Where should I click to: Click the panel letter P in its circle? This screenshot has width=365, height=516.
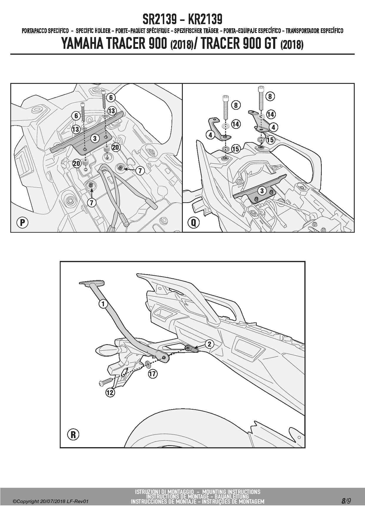(22, 223)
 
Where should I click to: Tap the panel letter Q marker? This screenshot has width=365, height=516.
(193, 222)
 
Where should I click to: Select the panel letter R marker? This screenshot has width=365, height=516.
(73, 435)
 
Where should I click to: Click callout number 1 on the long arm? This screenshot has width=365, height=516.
(103, 304)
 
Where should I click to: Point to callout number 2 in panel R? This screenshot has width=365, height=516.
(209, 344)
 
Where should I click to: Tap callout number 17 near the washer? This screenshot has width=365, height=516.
(153, 374)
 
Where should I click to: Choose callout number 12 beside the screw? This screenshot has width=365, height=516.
(110, 392)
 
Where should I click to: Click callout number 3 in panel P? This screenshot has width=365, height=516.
(94, 138)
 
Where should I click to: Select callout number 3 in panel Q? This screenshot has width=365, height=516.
(262, 191)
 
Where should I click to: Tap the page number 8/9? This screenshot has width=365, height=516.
(346, 501)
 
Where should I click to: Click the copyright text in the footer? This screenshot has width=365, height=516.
(50, 502)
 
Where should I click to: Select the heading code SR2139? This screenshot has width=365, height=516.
(160, 19)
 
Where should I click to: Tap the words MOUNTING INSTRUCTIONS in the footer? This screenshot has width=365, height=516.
(231, 492)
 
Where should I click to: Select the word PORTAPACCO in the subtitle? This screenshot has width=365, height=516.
(34, 31)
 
